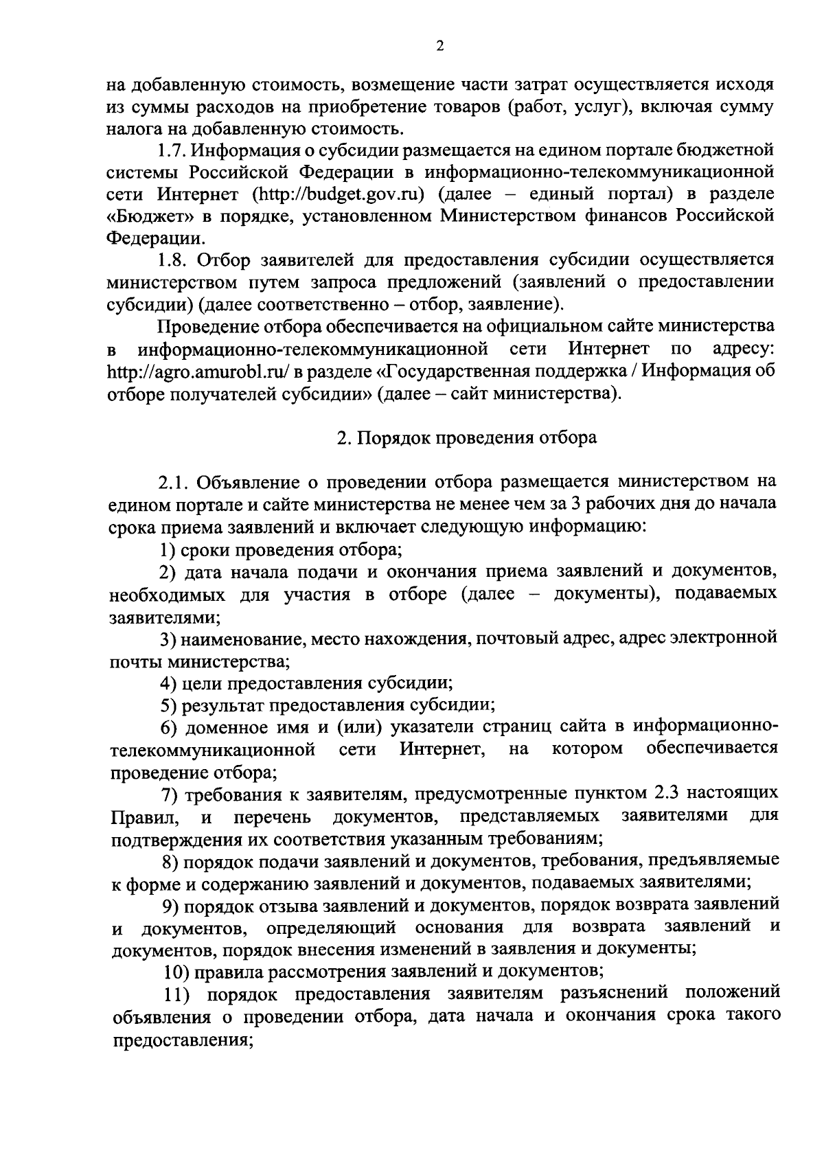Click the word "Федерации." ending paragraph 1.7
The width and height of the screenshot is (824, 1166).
point(155,238)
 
